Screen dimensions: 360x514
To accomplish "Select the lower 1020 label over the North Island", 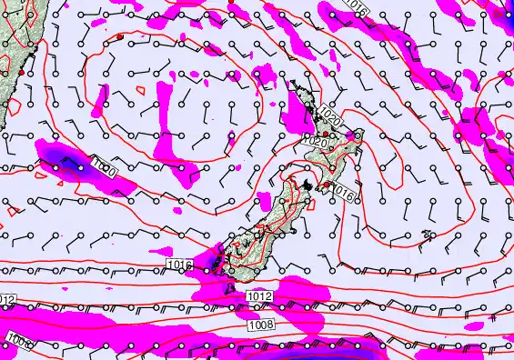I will pyautogui.click(x=314, y=143).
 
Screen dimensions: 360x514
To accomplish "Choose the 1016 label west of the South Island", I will pyautogui.click(x=179, y=264).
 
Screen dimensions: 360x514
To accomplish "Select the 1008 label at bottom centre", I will pyautogui.click(x=259, y=324).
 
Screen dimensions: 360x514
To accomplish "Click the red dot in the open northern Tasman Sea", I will pyautogui.click(x=119, y=36).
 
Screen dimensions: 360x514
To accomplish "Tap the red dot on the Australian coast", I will pyautogui.click(x=21, y=72).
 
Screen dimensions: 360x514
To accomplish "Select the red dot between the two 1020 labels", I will pyautogui.click(x=326, y=133).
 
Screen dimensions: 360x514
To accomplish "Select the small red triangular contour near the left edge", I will pyautogui.click(x=11, y=209).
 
